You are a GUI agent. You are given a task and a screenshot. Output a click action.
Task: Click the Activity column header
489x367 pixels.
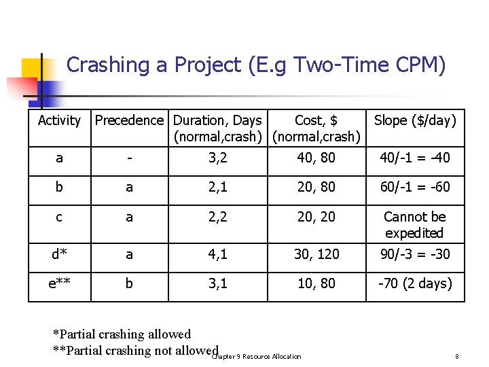coord(59,120)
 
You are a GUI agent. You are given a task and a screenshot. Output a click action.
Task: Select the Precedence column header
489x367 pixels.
coord(129,120)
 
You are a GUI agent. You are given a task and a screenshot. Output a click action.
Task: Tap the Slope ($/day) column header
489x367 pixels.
coord(415,120)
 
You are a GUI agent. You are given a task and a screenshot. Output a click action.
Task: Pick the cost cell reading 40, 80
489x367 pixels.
coord(316,158)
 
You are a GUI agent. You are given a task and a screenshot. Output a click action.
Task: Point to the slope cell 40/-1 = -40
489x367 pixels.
coord(415,158)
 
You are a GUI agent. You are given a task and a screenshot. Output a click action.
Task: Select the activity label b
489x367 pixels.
coord(59,187)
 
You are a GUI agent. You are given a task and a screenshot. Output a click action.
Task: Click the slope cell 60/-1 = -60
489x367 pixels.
coord(415,187)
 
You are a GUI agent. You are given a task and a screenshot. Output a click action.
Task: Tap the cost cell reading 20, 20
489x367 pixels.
coord(316,217)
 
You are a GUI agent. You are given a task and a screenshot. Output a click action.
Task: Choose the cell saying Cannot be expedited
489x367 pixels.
coord(414,225)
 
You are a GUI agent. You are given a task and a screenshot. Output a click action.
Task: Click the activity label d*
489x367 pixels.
coord(59,254)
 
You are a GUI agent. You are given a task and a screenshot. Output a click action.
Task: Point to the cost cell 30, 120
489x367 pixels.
coord(316,254)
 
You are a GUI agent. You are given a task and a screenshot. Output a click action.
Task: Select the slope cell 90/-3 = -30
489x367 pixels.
coord(415,254)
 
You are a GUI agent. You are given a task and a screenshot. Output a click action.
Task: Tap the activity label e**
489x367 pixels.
coord(59,283)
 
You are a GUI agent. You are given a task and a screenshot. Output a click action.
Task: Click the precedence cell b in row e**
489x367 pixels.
coord(129,283)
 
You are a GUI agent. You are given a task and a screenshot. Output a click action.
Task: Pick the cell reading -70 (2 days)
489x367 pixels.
coord(415,283)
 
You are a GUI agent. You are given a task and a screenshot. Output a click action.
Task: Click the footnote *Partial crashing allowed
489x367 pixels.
coord(122,334)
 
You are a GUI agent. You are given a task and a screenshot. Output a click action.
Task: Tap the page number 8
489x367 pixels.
coord(458,356)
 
